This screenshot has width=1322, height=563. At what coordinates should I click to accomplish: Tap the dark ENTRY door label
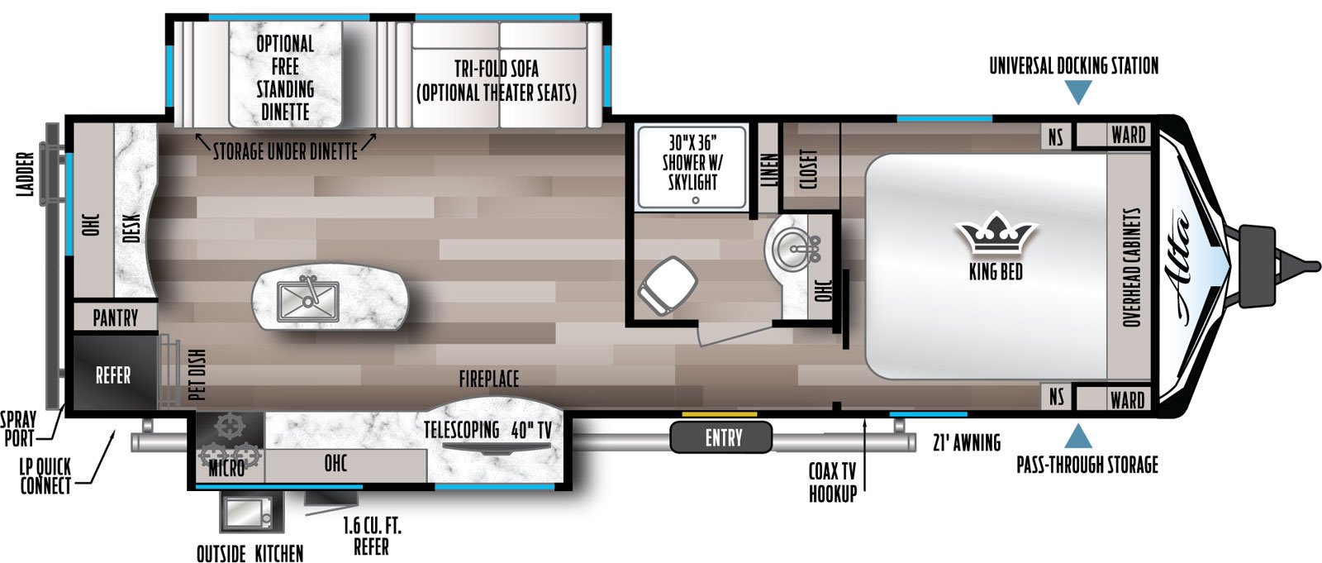tap(720, 438)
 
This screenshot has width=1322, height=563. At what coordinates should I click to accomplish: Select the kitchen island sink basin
tap(307, 301)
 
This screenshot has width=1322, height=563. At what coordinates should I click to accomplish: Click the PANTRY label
tap(115, 317)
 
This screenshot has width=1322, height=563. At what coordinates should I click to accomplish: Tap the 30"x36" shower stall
tap(692, 167)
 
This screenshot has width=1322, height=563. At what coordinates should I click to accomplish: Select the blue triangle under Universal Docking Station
tap(1078, 93)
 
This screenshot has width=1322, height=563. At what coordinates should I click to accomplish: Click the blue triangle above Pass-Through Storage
tap(1078, 436)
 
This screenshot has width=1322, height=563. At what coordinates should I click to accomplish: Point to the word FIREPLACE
tap(489, 379)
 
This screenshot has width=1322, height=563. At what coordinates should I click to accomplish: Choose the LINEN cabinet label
tap(769, 170)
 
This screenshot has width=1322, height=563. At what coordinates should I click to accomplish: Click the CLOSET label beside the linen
tap(808, 169)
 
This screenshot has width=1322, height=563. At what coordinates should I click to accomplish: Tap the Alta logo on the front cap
tap(1177, 268)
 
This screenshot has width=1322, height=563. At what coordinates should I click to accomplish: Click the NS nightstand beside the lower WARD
tap(1056, 396)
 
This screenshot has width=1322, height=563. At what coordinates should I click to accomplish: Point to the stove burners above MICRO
tap(230, 440)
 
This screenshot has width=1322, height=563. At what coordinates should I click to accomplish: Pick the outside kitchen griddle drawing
tap(248, 512)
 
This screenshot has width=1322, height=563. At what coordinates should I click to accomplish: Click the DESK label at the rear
tap(132, 227)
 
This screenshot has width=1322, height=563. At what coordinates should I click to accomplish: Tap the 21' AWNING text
tap(967, 442)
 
